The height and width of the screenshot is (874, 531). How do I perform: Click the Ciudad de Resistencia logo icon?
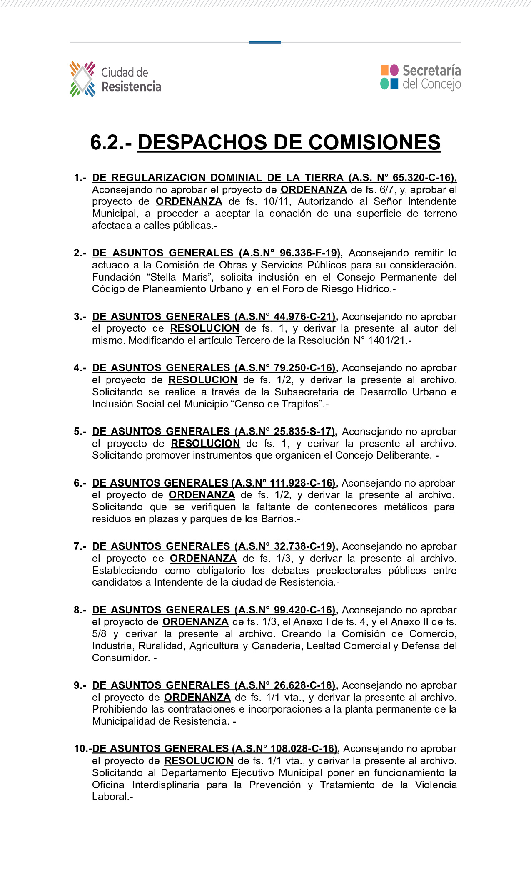pyautogui.click(x=82, y=79)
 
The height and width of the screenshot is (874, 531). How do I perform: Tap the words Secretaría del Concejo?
pyautogui.click(x=431, y=77)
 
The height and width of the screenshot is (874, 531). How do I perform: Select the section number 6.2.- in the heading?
pyautogui.click(x=111, y=142)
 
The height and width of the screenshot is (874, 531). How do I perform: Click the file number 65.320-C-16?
pyautogui.click(x=423, y=178)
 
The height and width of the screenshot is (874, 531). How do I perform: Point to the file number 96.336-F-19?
pyautogui.click(x=309, y=253)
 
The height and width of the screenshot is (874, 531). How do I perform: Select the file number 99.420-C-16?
pyautogui.click(x=304, y=610)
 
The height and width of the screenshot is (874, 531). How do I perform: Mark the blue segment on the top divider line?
pyautogui.click(x=265, y=42)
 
